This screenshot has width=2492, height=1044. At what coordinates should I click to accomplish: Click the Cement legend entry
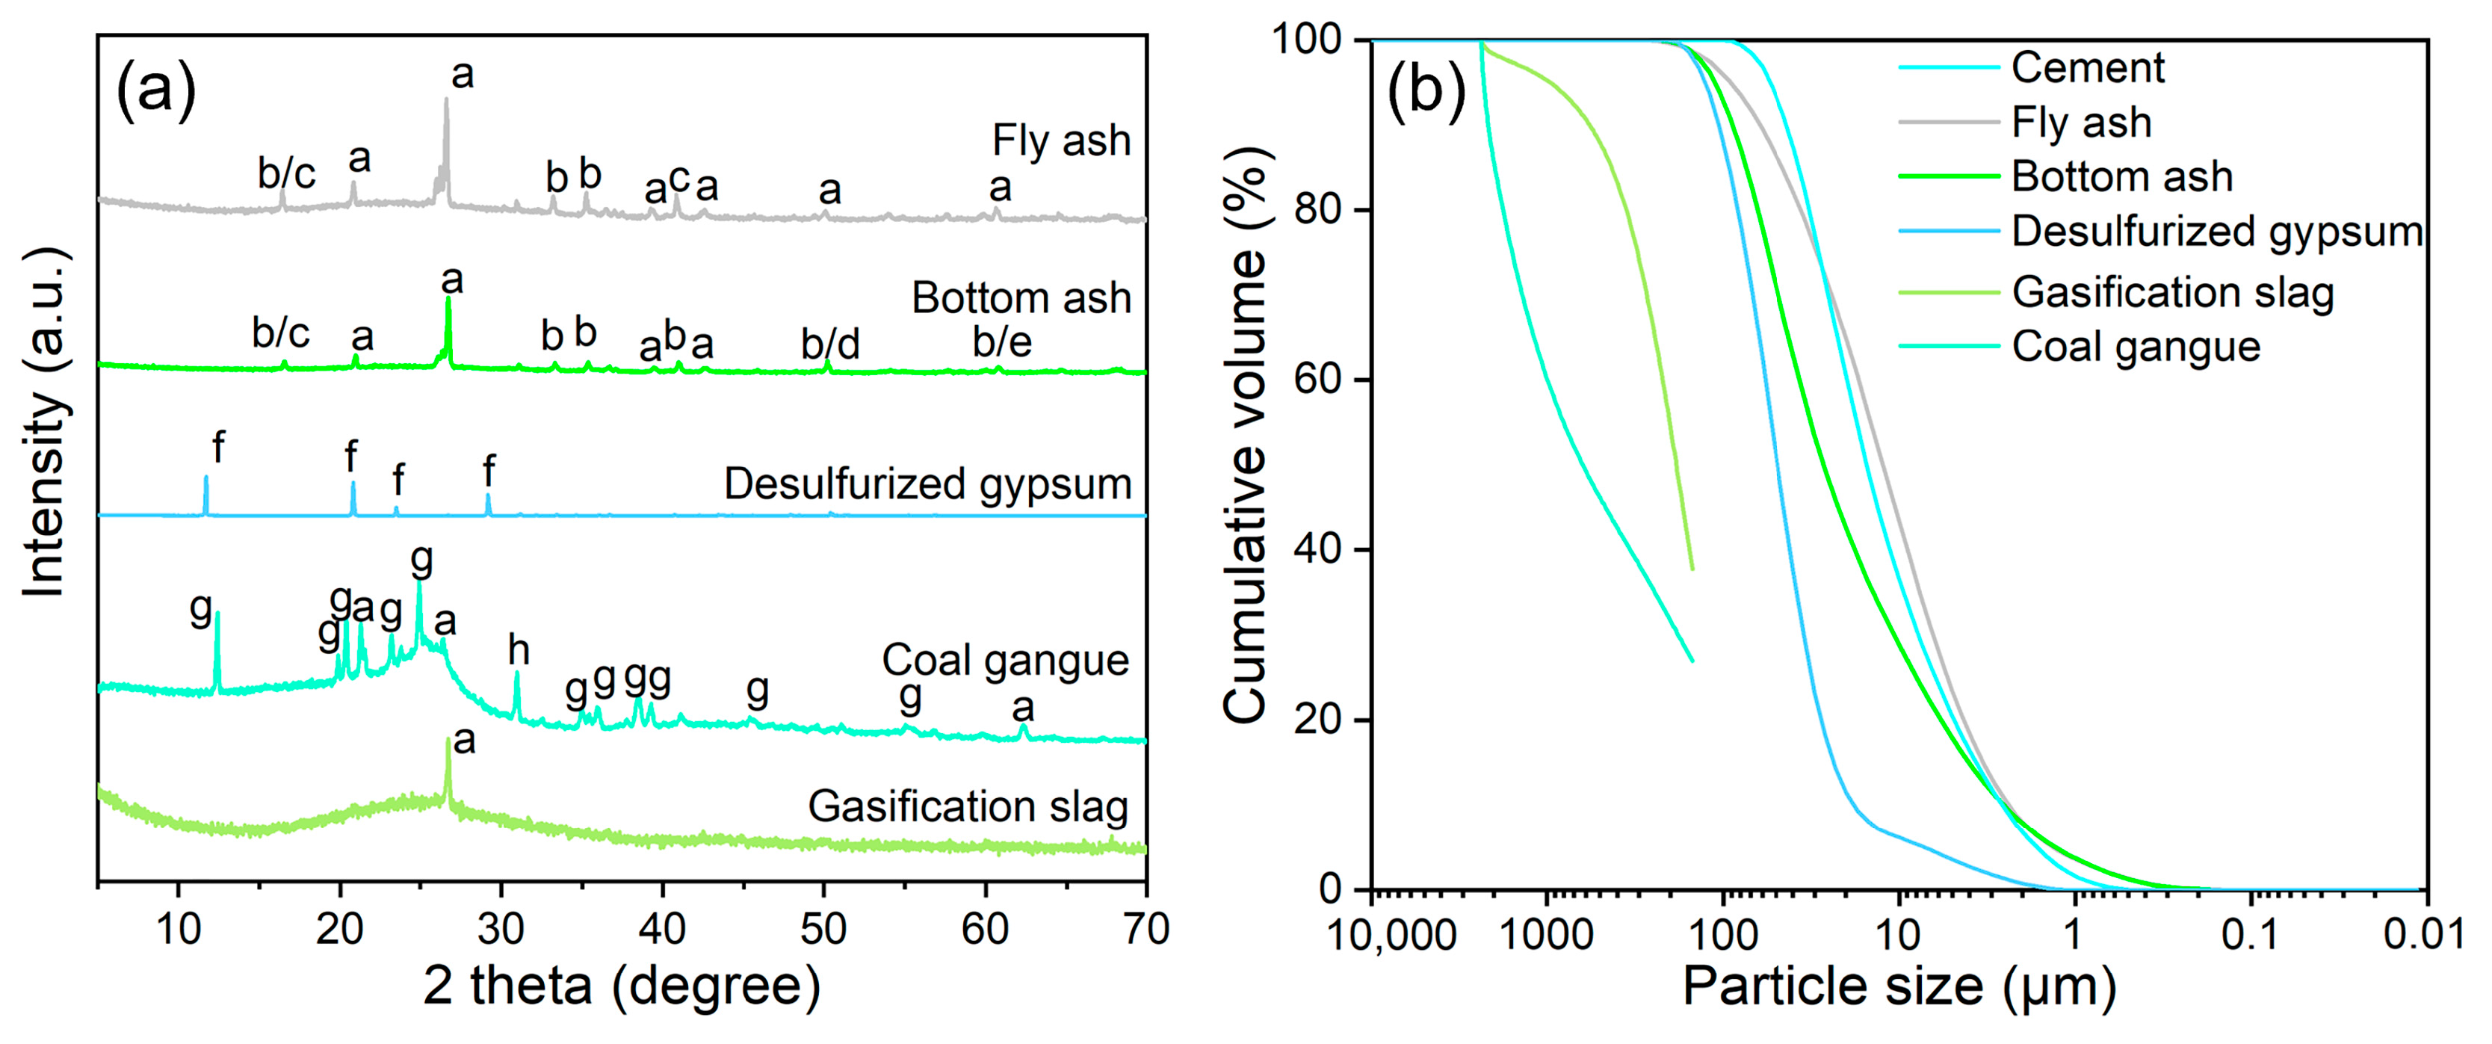click(x=2088, y=68)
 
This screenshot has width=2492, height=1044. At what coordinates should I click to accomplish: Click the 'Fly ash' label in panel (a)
click(x=1061, y=141)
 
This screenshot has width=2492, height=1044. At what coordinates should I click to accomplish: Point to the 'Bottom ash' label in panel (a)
click(x=1021, y=298)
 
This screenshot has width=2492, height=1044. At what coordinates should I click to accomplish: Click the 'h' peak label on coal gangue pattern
click(x=519, y=651)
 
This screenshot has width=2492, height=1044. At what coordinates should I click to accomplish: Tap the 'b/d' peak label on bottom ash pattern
click(x=830, y=345)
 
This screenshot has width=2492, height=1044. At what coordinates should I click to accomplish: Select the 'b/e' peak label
click(x=1002, y=342)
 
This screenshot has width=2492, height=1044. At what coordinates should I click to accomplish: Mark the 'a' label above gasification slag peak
click(x=464, y=740)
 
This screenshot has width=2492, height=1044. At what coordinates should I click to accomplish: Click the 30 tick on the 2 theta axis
click(x=501, y=929)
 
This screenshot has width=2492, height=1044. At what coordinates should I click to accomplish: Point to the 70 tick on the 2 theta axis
click(x=1145, y=929)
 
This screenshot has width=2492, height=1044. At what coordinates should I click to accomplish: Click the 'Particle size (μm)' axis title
click(x=1899, y=987)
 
